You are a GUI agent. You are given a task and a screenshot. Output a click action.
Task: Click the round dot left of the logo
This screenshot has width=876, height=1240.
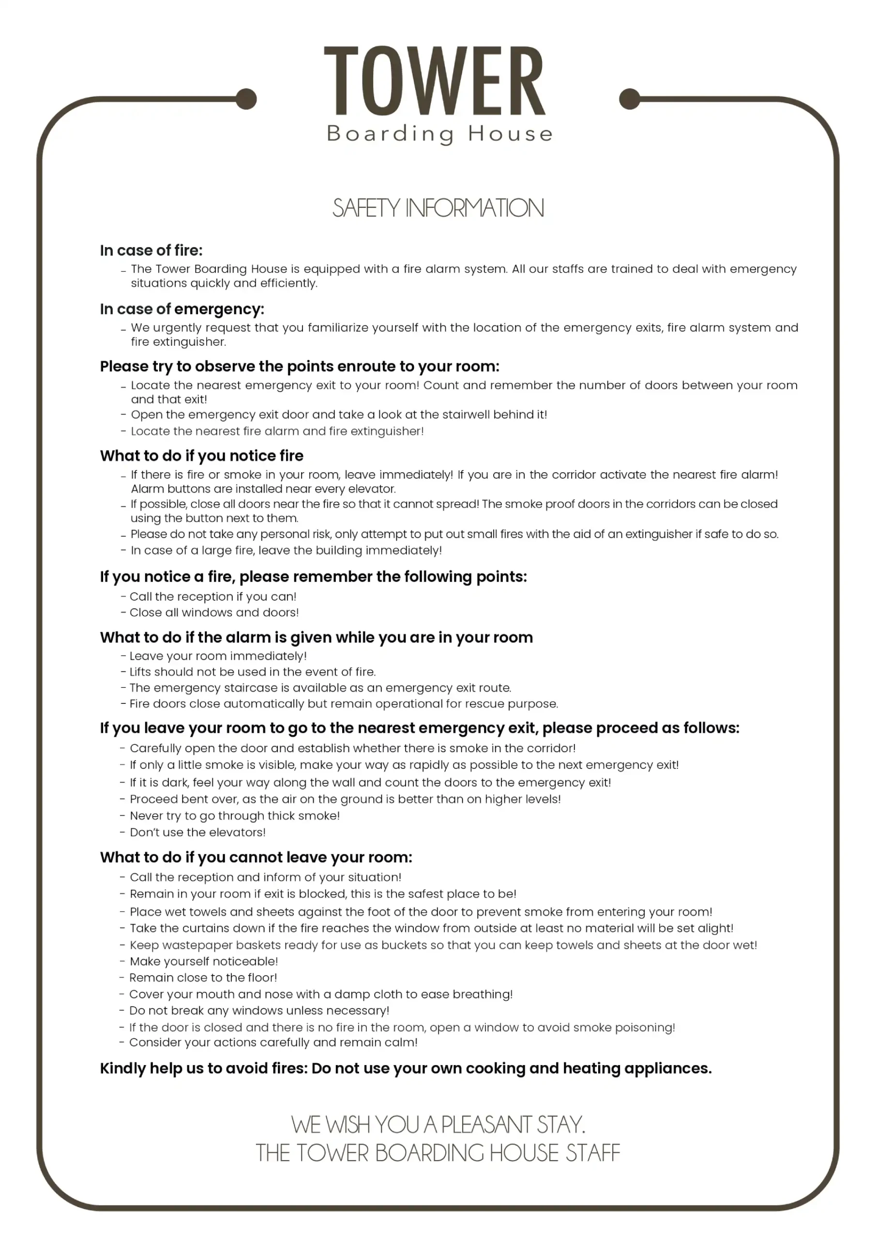point(247,99)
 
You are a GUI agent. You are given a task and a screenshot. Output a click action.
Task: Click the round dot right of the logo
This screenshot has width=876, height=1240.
point(629,99)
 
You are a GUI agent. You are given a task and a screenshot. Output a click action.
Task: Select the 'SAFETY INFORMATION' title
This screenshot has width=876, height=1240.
point(438,208)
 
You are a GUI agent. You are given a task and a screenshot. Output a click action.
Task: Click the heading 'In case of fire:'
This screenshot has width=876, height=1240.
point(151,250)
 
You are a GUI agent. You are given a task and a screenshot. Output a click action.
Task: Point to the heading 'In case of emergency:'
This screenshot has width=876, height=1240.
point(182,309)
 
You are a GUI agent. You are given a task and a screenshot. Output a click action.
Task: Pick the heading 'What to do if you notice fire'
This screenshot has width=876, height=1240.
point(201,456)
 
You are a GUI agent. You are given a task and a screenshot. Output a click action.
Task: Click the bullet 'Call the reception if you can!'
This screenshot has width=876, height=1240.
point(212,596)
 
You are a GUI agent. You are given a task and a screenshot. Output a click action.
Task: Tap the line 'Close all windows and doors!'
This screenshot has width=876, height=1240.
point(214,612)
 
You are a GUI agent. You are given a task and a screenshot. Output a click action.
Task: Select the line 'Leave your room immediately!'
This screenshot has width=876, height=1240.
point(217,656)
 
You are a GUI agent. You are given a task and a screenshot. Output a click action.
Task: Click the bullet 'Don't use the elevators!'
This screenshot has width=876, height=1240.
point(197,832)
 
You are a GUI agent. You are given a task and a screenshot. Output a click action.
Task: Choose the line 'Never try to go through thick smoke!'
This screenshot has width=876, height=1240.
point(235,816)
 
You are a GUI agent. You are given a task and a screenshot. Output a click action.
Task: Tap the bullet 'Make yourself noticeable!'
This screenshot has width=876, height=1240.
point(203,961)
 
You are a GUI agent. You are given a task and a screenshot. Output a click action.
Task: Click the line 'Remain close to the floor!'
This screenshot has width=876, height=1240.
point(203,977)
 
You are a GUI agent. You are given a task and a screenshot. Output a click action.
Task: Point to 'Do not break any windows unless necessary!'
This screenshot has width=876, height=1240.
point(259,1010)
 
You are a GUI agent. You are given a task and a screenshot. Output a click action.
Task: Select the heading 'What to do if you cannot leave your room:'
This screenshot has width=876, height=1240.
point(256,858)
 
